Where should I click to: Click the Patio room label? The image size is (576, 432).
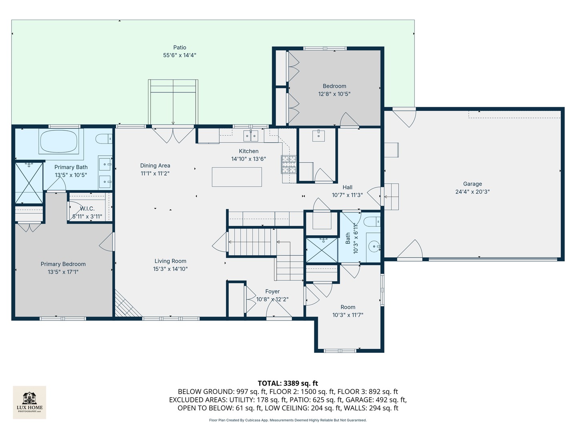tap(180, 48)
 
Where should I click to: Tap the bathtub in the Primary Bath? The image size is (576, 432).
tap(59, 141)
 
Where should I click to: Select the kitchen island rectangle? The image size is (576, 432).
tap(237, 177)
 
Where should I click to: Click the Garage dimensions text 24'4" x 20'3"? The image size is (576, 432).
tap(472, 192)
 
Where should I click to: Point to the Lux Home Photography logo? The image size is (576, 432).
tap(29, 402)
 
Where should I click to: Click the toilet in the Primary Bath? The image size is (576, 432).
tap(104, 139)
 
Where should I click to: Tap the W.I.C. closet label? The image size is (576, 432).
tap(87, 209)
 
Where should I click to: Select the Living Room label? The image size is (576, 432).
tap(170, 261)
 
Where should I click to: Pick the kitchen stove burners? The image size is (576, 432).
tap(289, 164)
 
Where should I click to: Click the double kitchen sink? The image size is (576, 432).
tap(251, 136)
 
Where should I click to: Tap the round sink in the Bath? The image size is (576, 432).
tap(374, 246)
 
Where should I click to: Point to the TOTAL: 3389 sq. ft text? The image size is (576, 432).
tap(288, 383)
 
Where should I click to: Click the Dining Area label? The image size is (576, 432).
tap(155, 166)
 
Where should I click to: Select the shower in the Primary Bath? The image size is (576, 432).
tap(29, 183)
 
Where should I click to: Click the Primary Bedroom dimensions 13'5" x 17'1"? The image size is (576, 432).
tap(63, 272)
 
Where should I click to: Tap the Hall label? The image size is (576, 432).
tap(348, 188)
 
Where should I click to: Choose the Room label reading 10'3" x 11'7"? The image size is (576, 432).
tap(348, 315)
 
